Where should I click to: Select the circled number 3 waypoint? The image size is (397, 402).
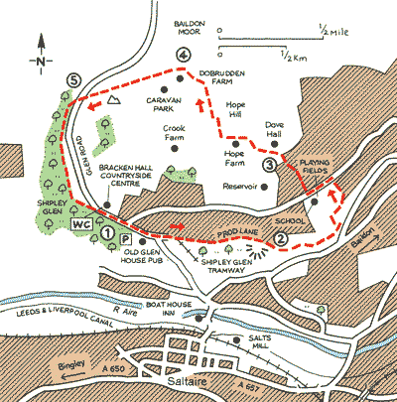pyautogui.click(x=269, y=165)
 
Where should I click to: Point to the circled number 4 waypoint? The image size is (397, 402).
pyautogui.click(x=180, y=56)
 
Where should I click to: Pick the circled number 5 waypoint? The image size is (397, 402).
pyautogui.click(x=68, y=79)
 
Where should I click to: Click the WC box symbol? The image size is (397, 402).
pyautogui.click(x=81, y=225)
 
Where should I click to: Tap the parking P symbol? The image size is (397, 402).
pyautogui.click(x=126, y=239)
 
